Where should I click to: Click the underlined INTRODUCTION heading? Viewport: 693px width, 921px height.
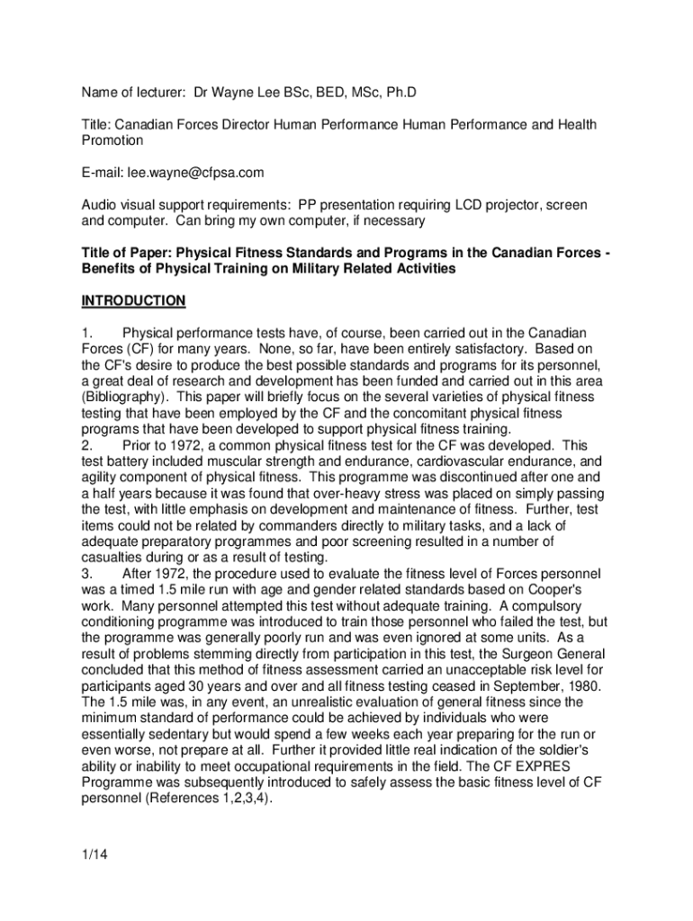133,300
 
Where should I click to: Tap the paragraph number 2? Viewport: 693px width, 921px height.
86,445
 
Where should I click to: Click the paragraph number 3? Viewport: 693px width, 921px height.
86,574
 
